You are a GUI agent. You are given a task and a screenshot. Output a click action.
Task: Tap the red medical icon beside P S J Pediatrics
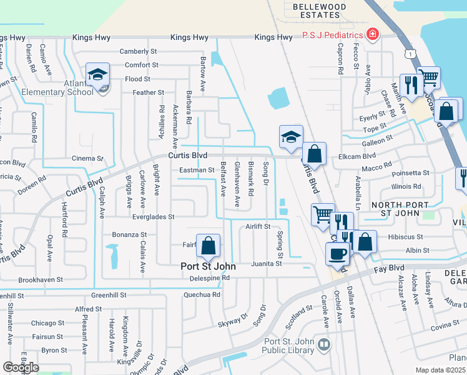[373, 34]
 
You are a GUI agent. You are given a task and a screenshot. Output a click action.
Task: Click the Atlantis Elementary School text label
[61, 87]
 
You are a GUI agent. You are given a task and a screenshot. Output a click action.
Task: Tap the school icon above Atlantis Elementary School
[97, 75]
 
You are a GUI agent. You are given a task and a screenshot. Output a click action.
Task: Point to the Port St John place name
[207, 266]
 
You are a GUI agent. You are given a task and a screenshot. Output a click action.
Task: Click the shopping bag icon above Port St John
[209, 246]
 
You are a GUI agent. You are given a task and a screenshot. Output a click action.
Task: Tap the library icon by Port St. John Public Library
[323, 344]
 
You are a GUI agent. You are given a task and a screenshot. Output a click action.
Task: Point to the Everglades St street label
[153, 217]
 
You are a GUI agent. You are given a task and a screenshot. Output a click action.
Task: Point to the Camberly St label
[138, 51]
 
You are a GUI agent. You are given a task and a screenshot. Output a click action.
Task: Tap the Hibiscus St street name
[406, 237]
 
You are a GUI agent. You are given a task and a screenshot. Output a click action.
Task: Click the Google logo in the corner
[21, 367]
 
